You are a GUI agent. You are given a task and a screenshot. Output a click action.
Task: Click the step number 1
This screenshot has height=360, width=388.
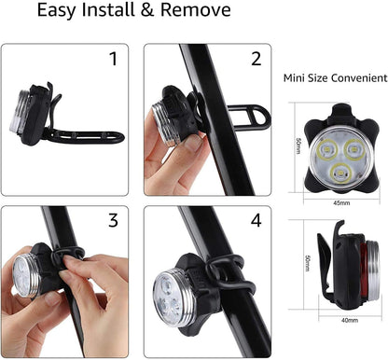coord(114,59)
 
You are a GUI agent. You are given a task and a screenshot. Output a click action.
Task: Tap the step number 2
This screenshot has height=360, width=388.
coord(256,59)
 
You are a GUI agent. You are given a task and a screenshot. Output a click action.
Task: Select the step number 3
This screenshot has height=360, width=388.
coord(113,220)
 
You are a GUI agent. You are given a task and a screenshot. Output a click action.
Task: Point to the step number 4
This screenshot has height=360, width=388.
coord(256,220)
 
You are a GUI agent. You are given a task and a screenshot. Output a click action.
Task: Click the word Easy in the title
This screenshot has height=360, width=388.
coord(57,10)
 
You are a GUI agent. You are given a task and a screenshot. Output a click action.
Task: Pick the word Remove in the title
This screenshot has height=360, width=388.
coord(196,9)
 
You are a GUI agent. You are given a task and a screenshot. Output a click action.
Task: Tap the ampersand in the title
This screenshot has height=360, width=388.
coord(147,9)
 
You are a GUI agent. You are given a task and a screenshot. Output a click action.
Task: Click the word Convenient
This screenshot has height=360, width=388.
coord(359,77)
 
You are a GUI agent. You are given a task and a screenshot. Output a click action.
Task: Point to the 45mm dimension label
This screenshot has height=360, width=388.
coord(341,203)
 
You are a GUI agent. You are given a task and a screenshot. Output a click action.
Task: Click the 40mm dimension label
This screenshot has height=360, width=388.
coord(350,320)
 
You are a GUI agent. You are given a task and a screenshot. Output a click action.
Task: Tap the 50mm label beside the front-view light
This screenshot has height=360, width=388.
coord(298,146)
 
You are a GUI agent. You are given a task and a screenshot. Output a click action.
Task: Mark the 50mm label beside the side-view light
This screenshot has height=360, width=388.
coord(308,263)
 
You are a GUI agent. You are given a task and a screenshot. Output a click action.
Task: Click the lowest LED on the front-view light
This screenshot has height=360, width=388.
coord(340,173)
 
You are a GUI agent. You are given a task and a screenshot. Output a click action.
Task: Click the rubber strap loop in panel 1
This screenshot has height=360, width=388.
coord(84,137)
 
